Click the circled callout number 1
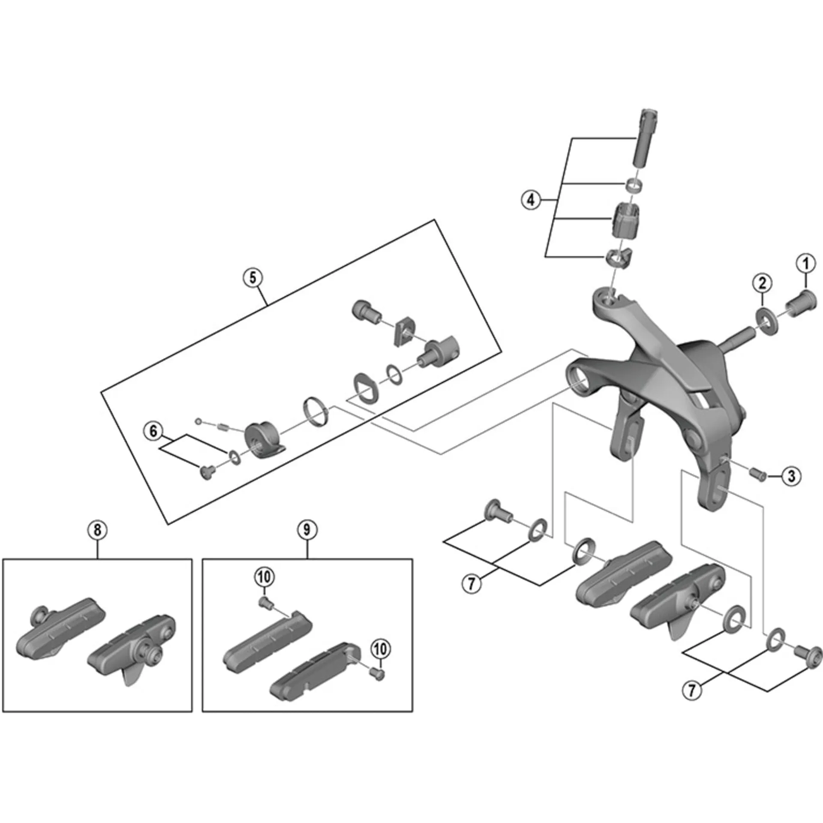coord(806,264)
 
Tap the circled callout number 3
coord(791,476)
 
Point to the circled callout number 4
coord(531,200)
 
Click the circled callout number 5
coord(252,277)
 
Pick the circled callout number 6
coord(153,431)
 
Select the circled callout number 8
coord(97,530)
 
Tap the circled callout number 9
coord(306,530)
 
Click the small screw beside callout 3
coord(758,474)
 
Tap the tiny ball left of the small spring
coord(198,421)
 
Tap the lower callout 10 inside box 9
coord(380,649)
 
